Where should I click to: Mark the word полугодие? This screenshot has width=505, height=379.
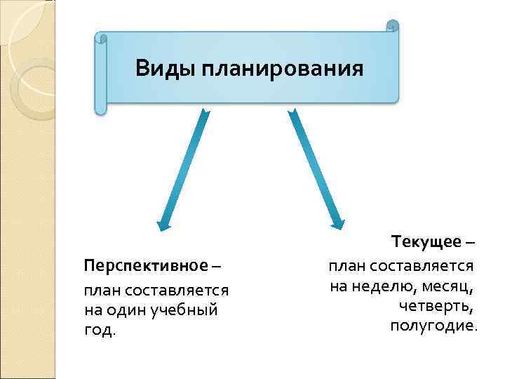[433, 326]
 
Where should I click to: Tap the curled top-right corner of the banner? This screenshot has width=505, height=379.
[392, 26]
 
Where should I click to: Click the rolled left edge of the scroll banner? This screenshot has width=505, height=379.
[101, 74]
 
